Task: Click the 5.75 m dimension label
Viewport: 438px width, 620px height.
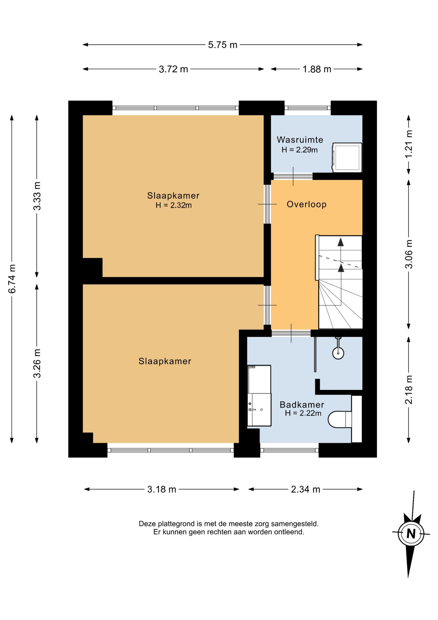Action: (x=223, y=45)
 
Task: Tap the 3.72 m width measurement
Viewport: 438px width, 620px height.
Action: (x=173, y=69)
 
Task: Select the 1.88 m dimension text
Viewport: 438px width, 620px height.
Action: (x=317, y=69)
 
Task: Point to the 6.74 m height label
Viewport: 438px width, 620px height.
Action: (x=12, y=279)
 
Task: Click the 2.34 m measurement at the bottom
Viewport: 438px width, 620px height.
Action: (x=305, y=489)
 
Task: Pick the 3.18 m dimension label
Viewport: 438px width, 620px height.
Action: (x=162, y=489)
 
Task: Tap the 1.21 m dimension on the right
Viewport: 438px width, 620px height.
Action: (x=409, y=144)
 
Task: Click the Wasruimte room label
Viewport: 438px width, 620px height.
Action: (x=300, y=140)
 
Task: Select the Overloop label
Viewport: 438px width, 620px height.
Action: (x=306, y=204)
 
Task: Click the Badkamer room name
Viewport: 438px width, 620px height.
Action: (x=302, y=404)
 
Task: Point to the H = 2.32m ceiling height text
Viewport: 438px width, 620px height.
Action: (x=174, y=205)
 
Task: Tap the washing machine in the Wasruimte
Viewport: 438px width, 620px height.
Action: (x=347, y=157)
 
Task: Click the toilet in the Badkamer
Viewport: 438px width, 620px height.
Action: (x=340, y=419)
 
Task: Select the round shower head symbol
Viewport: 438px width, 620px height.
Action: (x=338, y=353)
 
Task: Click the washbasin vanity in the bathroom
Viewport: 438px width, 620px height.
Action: (x=259, y=396)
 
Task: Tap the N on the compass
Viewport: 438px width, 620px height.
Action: (x=411, y=533)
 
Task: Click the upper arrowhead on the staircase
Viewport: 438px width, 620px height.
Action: (x=341, y=242)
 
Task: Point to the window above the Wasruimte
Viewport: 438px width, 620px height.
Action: (x=308, y=108)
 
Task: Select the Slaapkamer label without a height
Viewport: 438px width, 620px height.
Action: (x=165, y=361)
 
